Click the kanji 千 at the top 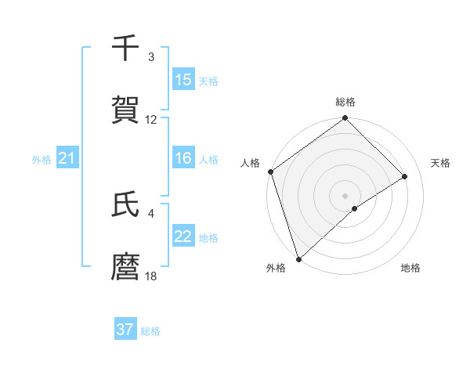click(x=125, y=49)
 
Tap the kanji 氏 click(x=125, y=205)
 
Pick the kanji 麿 click(x=125, y=268)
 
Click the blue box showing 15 click(x=183, y=79)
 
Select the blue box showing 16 click(x=183, y=158)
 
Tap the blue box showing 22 click(x=183, y=236)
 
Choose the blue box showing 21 click(x=67, y=158)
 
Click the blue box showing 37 click(x=125, y=330)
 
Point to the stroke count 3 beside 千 click(x=151, y=57)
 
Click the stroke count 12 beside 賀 click(x=151, y=120)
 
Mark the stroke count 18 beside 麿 click(x=151, y=276)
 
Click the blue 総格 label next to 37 click(x=151, y=331)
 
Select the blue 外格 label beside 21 click(x=42, y=160)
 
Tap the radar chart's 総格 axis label click(x=345, y=102)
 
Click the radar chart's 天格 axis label click(x=441, y=163)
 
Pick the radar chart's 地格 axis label click(x=410, y=268)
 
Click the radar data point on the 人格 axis click(x=270, y=172)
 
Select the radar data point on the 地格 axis click(x=355, y=208)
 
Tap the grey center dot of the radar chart click(x=345, y=195)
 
